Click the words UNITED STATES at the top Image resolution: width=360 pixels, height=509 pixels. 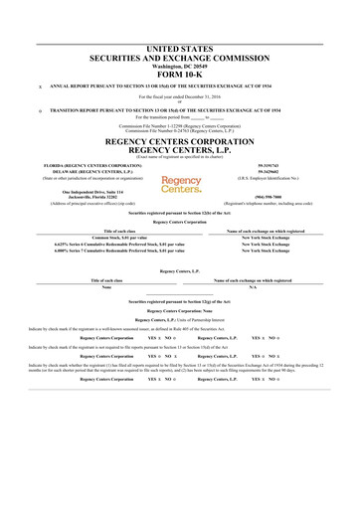(x=180, y=20)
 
